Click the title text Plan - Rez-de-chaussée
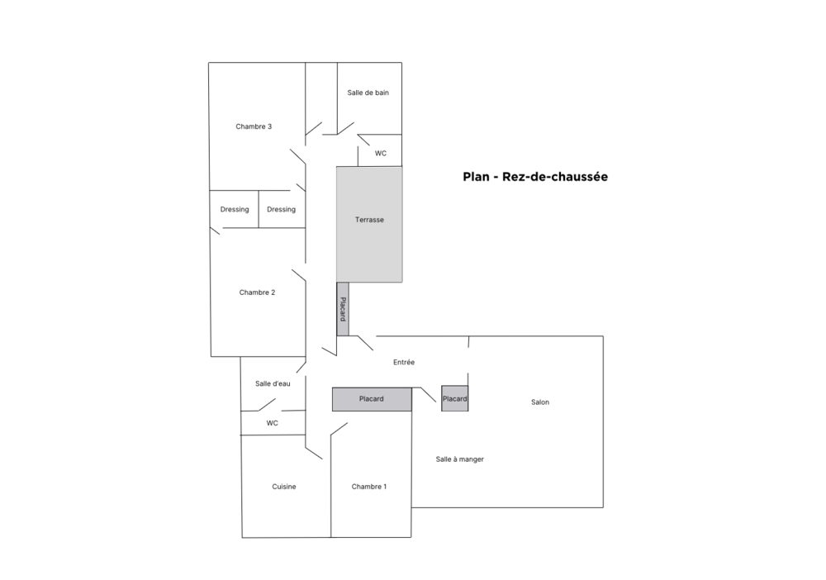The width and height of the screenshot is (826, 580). point(535,177)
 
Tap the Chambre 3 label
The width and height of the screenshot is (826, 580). point(254,126)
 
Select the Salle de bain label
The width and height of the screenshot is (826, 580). point(368,93)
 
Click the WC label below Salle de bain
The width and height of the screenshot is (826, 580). point(381,153)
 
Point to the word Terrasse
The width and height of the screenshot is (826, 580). point(369,220)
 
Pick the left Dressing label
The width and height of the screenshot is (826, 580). point(235,209)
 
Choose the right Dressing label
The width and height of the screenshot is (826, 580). point(281,209)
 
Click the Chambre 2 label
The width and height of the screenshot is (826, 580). point(257,292)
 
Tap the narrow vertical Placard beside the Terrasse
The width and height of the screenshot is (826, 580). point(343,309)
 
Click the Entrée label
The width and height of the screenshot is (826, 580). point(404,362)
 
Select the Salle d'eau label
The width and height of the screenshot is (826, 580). point(273,383)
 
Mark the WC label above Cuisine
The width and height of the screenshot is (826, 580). point(273,423)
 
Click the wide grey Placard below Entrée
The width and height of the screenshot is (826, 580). point(372,399)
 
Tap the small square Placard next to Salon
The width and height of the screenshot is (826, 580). point(454,399)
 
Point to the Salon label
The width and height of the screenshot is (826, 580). point(540,402)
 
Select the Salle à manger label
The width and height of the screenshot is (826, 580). point(460,459)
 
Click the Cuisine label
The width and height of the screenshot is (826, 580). point(284,487)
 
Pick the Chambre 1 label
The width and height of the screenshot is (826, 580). point(368,487)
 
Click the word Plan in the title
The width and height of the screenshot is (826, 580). point(477,177)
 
